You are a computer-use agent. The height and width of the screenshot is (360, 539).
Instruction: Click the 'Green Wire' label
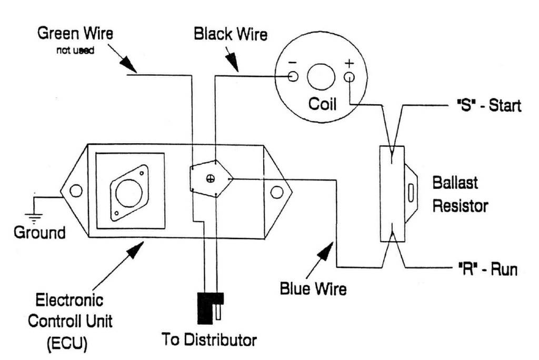pyautogui.click(x=75, y=34)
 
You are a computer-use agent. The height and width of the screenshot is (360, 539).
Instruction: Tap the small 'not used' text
pyautogui.click(x=75, y=51)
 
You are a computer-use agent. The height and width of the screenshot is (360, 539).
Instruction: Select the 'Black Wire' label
pyautogui.click(x=231, y=35)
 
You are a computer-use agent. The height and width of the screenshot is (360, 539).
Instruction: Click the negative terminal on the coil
pyautogui.click(x=293, y=77)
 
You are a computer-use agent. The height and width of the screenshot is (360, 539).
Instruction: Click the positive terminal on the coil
pyautogui.click(x=349, y=77)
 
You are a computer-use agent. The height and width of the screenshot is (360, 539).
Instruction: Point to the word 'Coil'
pyautogui.click(x=322, y=104)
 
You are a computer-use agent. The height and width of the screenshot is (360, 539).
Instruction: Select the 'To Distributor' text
pyautogui.click(x=209, y=339)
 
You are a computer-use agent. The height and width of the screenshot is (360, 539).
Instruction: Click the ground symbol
pyautogui.click(x=35, y=217)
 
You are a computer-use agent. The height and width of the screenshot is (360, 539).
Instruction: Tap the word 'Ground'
pyautogui.click(x=39, y=232)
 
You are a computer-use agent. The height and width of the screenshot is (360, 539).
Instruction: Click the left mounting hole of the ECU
pyautogui.click(x=76, y=191)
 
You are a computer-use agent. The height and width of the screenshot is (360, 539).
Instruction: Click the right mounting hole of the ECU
pyautogui.click(x=276, y=192)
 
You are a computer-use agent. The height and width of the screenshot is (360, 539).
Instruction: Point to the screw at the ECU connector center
pyautogui.click(x=211, y=178)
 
